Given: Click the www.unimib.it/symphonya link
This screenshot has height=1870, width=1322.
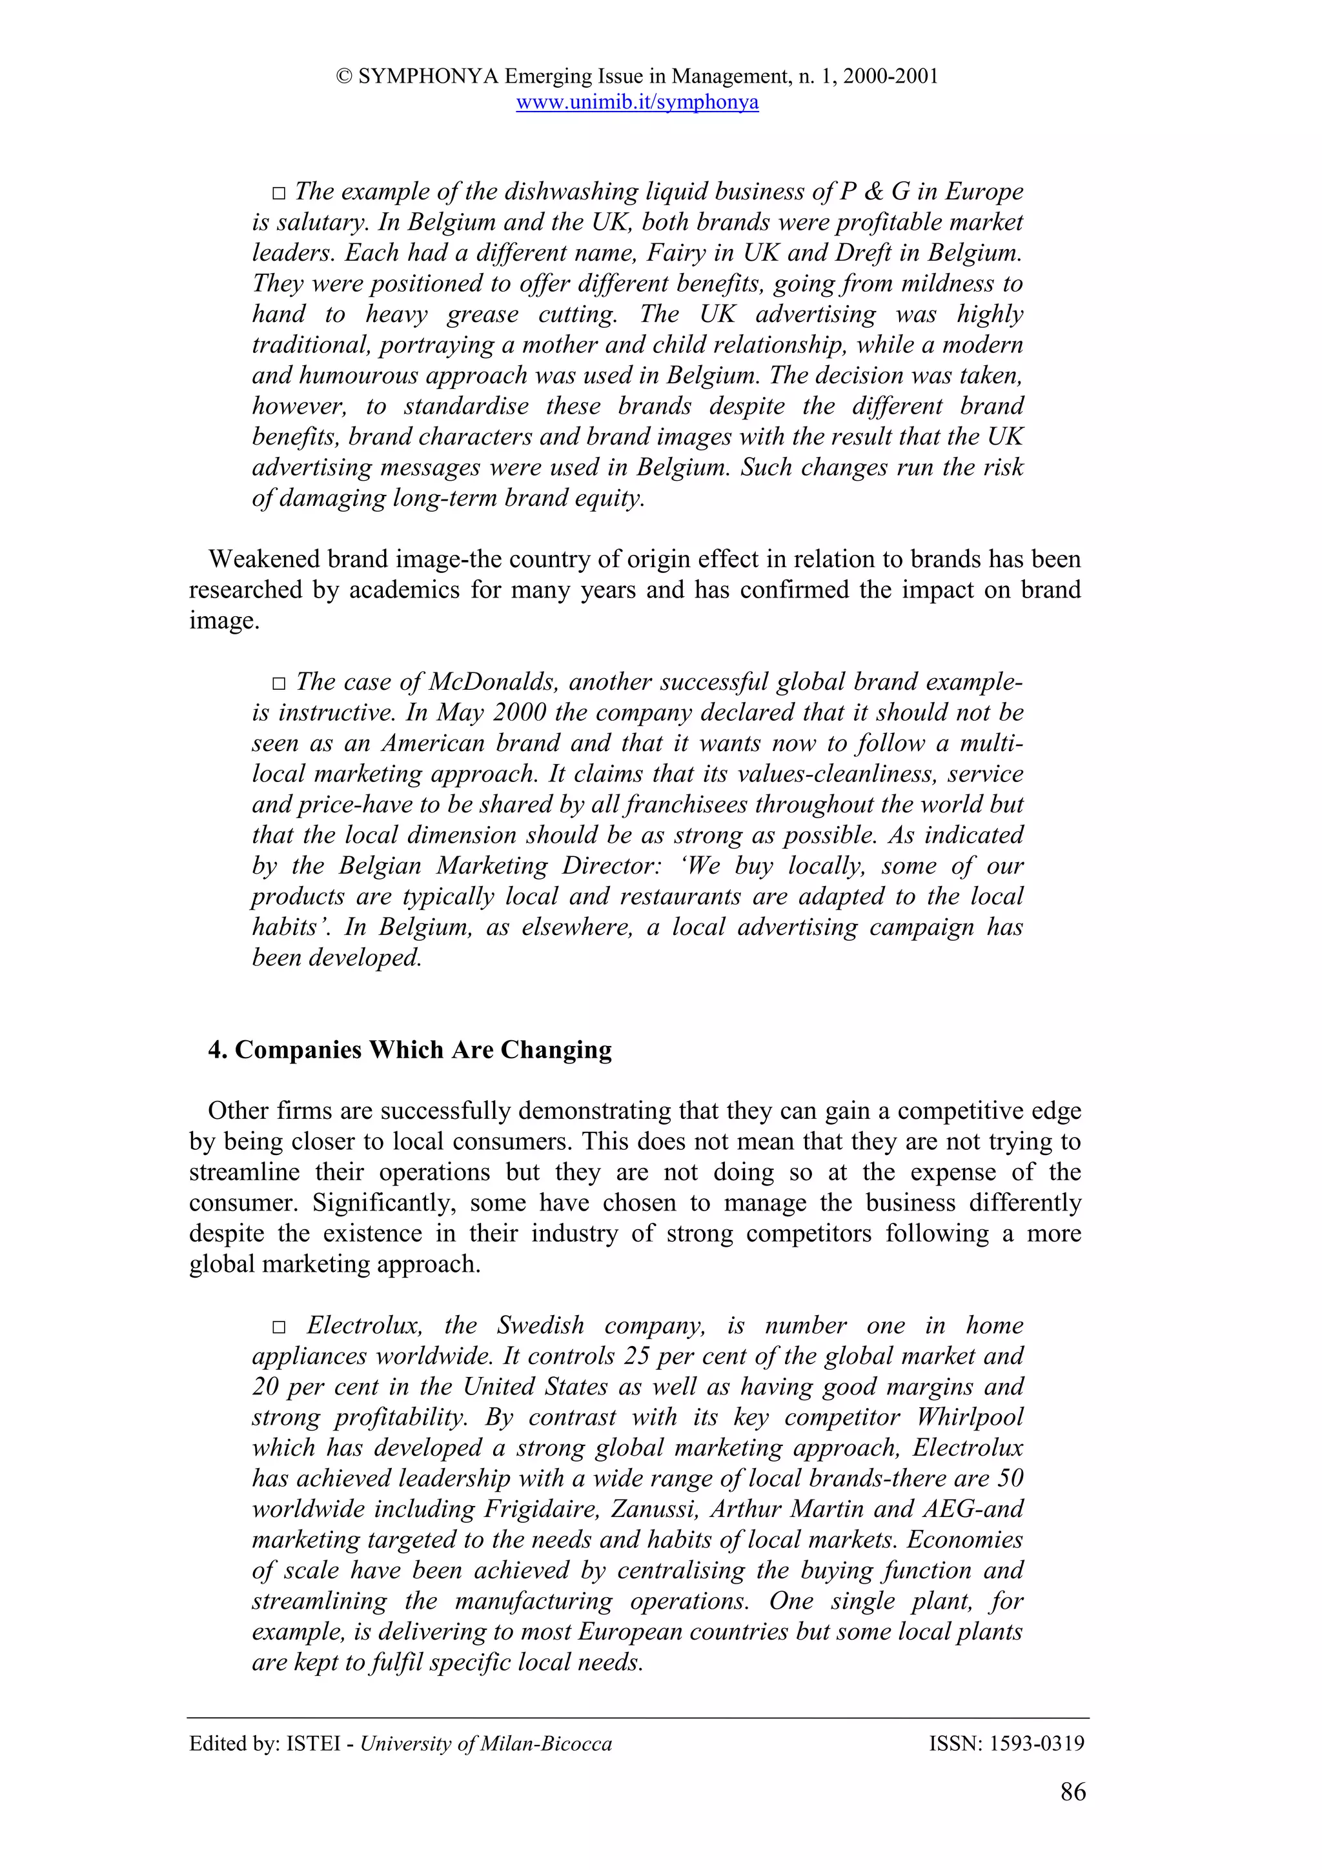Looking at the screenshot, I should pyautogui.click(x=637, y=103).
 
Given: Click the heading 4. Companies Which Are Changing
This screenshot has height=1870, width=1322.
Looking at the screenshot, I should pyautogui.click(x=410, y=1050).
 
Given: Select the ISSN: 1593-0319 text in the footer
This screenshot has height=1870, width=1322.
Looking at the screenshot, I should pyautogui.click(x=1006, y=1744).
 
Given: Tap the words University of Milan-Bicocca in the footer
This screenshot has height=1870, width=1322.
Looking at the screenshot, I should pyautogui.click(x=485, y=1744).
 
